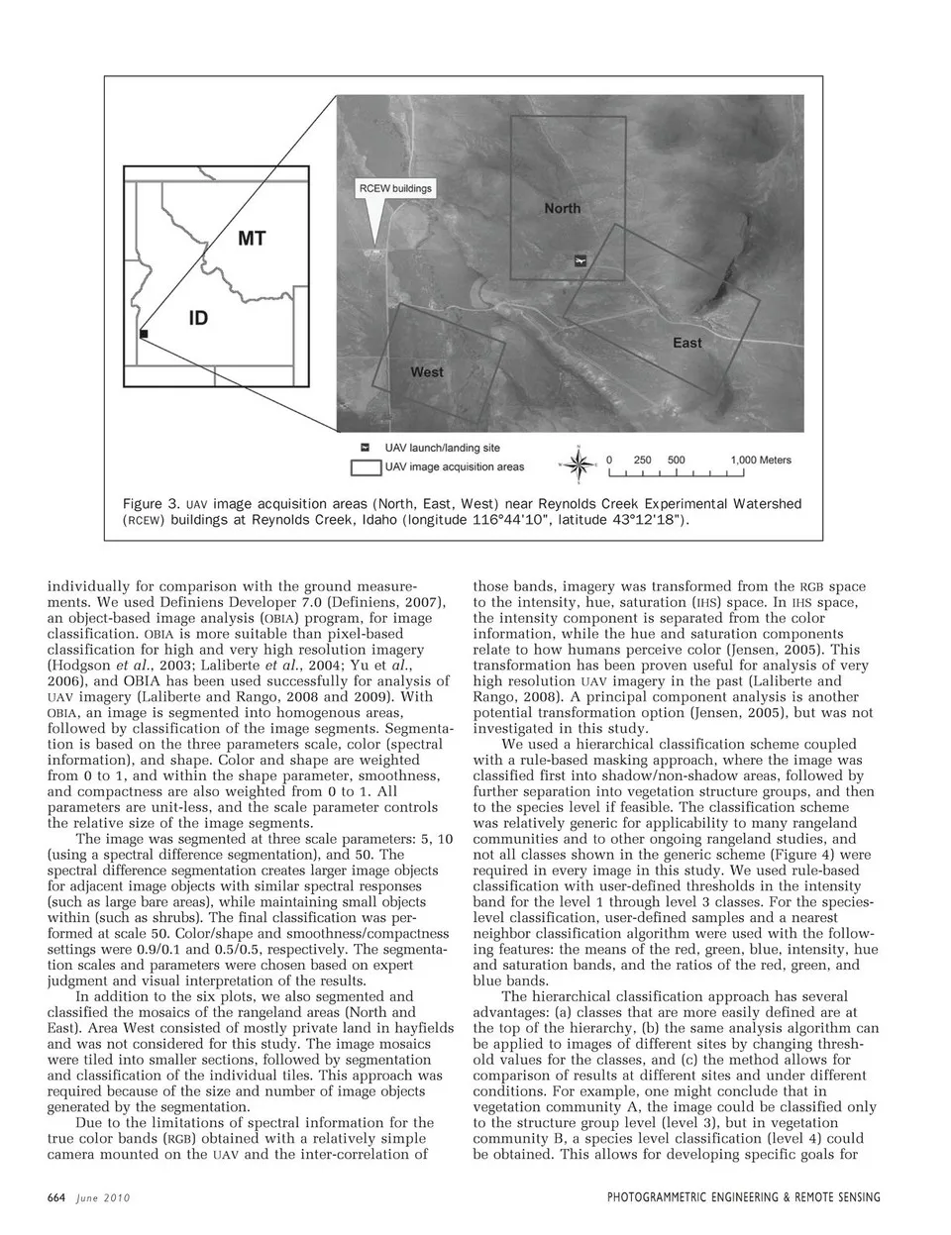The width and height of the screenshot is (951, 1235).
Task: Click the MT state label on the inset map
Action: click(x=251, y=238)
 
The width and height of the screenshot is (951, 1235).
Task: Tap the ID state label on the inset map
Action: click(x=198, y=318)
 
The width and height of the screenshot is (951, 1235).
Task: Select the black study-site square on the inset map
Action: click(x=144, y=335)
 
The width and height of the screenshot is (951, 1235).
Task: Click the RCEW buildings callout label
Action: click(x=395, y=188)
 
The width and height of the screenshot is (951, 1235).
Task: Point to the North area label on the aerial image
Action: click(x=562, y=208)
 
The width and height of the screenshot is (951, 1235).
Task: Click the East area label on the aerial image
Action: click(x=687, y=343)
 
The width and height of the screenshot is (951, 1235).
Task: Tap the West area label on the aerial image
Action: click(x=427, y=372)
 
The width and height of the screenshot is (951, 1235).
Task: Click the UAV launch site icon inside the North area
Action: click(x=581, y=260)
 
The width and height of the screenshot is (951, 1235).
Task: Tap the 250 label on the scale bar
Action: click(x=643, y=461)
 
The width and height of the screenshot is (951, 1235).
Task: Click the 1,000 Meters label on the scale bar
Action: click(x=761, y=461)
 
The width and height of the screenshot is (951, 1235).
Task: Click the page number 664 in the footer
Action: click(x=56, y=1197)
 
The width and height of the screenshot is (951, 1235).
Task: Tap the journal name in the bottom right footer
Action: click(x=743, y=1197)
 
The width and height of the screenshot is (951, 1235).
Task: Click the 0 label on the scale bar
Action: click(x=611, y=461)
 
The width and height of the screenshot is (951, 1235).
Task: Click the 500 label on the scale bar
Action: click(x=677, y=461)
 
